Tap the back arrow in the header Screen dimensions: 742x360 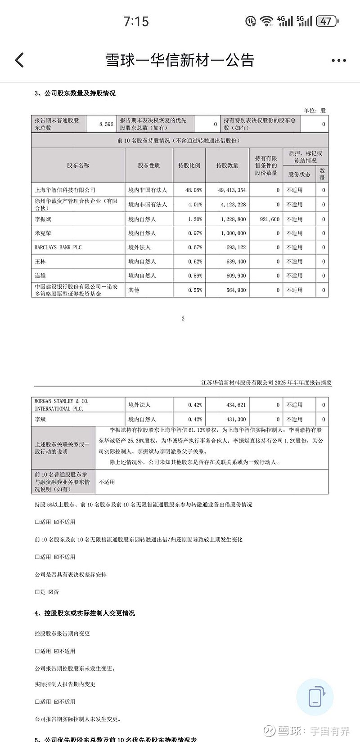click(x=19, y=60)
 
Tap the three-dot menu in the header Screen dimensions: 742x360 click(x=338, y=60)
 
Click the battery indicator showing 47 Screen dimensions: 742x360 click(x=327, y=21)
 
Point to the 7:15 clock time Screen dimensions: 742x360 click(x=136, y=21)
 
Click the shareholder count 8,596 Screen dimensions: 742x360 click(x=106, y=124)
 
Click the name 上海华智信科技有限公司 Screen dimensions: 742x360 click(x=65, y=190)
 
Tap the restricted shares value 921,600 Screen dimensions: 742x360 click(x=270, y=219)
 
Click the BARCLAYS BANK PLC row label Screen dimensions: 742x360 click(x=58, y=247)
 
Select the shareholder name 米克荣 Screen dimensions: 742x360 click(x=43, y=233)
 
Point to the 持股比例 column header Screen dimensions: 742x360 click(x=189, y=165)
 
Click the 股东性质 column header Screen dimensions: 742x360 click(x=148, y=165)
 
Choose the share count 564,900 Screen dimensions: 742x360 click(x=236, y=290)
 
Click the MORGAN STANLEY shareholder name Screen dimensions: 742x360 click(x=62, y=405)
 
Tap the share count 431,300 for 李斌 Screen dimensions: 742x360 click(x=236, y=419)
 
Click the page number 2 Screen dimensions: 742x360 click(x=183, y=318)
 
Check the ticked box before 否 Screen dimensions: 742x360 click(x=51, y=592)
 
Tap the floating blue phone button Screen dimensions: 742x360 click(x=315, y=697)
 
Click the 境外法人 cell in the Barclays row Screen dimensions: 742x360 click(x=139, y=247)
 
